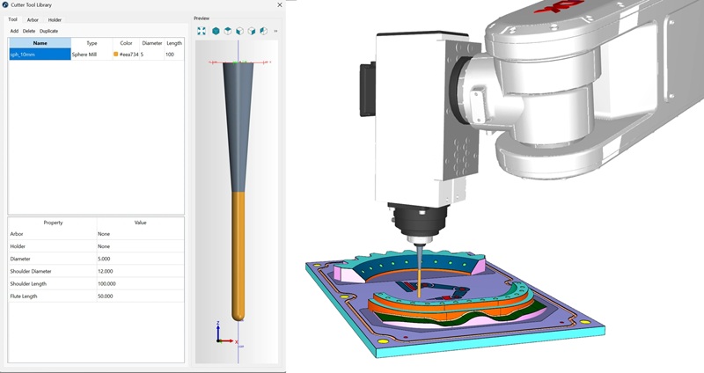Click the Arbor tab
point(33,18)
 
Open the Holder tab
point(55,18)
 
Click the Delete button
point(29,31)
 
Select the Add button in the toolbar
point(14,31)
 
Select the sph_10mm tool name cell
point(40,55)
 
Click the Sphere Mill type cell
point(84,55)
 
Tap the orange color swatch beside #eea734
point(116,55)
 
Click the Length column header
point(174,42)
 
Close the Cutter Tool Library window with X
point(279,5)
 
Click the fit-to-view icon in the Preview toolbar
point(202,31)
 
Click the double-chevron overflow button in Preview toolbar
point(276,31)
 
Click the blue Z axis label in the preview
point(217,324)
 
